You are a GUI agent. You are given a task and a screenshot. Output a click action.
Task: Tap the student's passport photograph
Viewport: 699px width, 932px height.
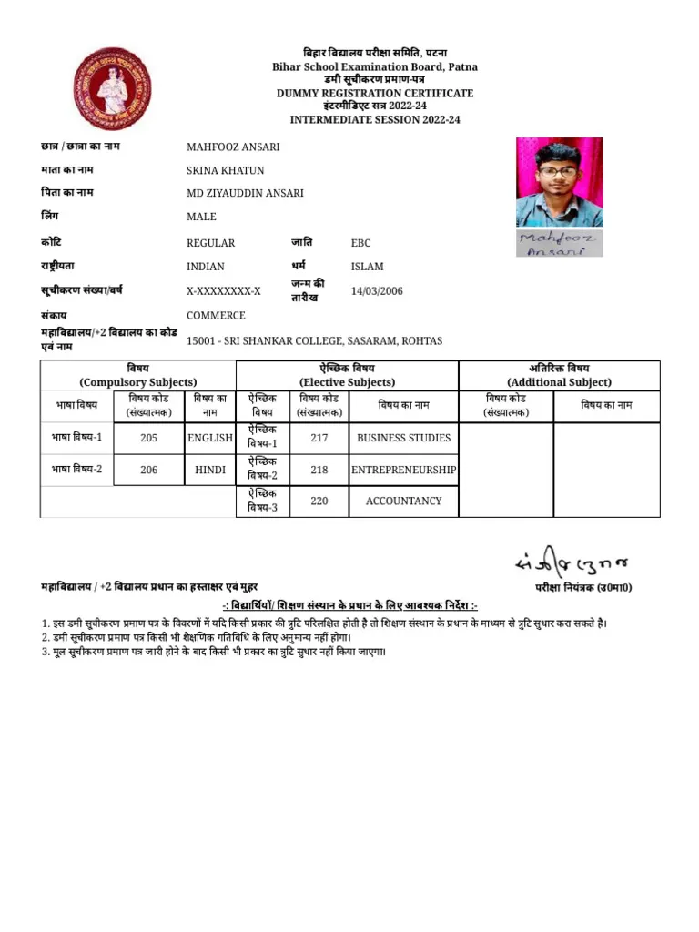coord(559,182)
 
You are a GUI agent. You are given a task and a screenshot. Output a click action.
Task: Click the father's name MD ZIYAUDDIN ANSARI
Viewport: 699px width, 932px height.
coord(245,193)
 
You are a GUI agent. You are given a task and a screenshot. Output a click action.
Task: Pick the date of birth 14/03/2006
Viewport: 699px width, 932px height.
coord(377,291)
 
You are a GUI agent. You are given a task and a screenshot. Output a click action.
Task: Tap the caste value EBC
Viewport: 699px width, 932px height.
coord(361,243)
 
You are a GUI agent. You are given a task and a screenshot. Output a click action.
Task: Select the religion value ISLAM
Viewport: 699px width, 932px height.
coord(368,267)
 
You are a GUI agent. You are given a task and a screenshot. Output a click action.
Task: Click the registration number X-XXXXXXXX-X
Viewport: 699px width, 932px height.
coord(224,291)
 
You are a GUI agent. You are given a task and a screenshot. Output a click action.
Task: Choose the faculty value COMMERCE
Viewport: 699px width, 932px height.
coord(216,316)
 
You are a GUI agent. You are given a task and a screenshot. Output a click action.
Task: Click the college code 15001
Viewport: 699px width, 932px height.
coord(201,341)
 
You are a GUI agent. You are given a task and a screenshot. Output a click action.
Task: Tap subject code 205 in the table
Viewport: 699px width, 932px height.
coord(149,438)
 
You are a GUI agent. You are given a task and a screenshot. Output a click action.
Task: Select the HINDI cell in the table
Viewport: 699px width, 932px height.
coord(210,470)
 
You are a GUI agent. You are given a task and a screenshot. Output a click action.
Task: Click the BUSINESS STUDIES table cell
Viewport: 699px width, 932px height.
coord(403,438)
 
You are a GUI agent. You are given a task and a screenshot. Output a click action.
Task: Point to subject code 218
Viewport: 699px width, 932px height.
coord(319,470)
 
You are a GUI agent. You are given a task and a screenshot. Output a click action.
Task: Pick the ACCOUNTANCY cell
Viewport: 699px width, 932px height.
coord(403,501)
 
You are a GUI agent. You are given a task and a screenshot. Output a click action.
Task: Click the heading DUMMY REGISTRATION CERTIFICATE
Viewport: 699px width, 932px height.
coord(375,94)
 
